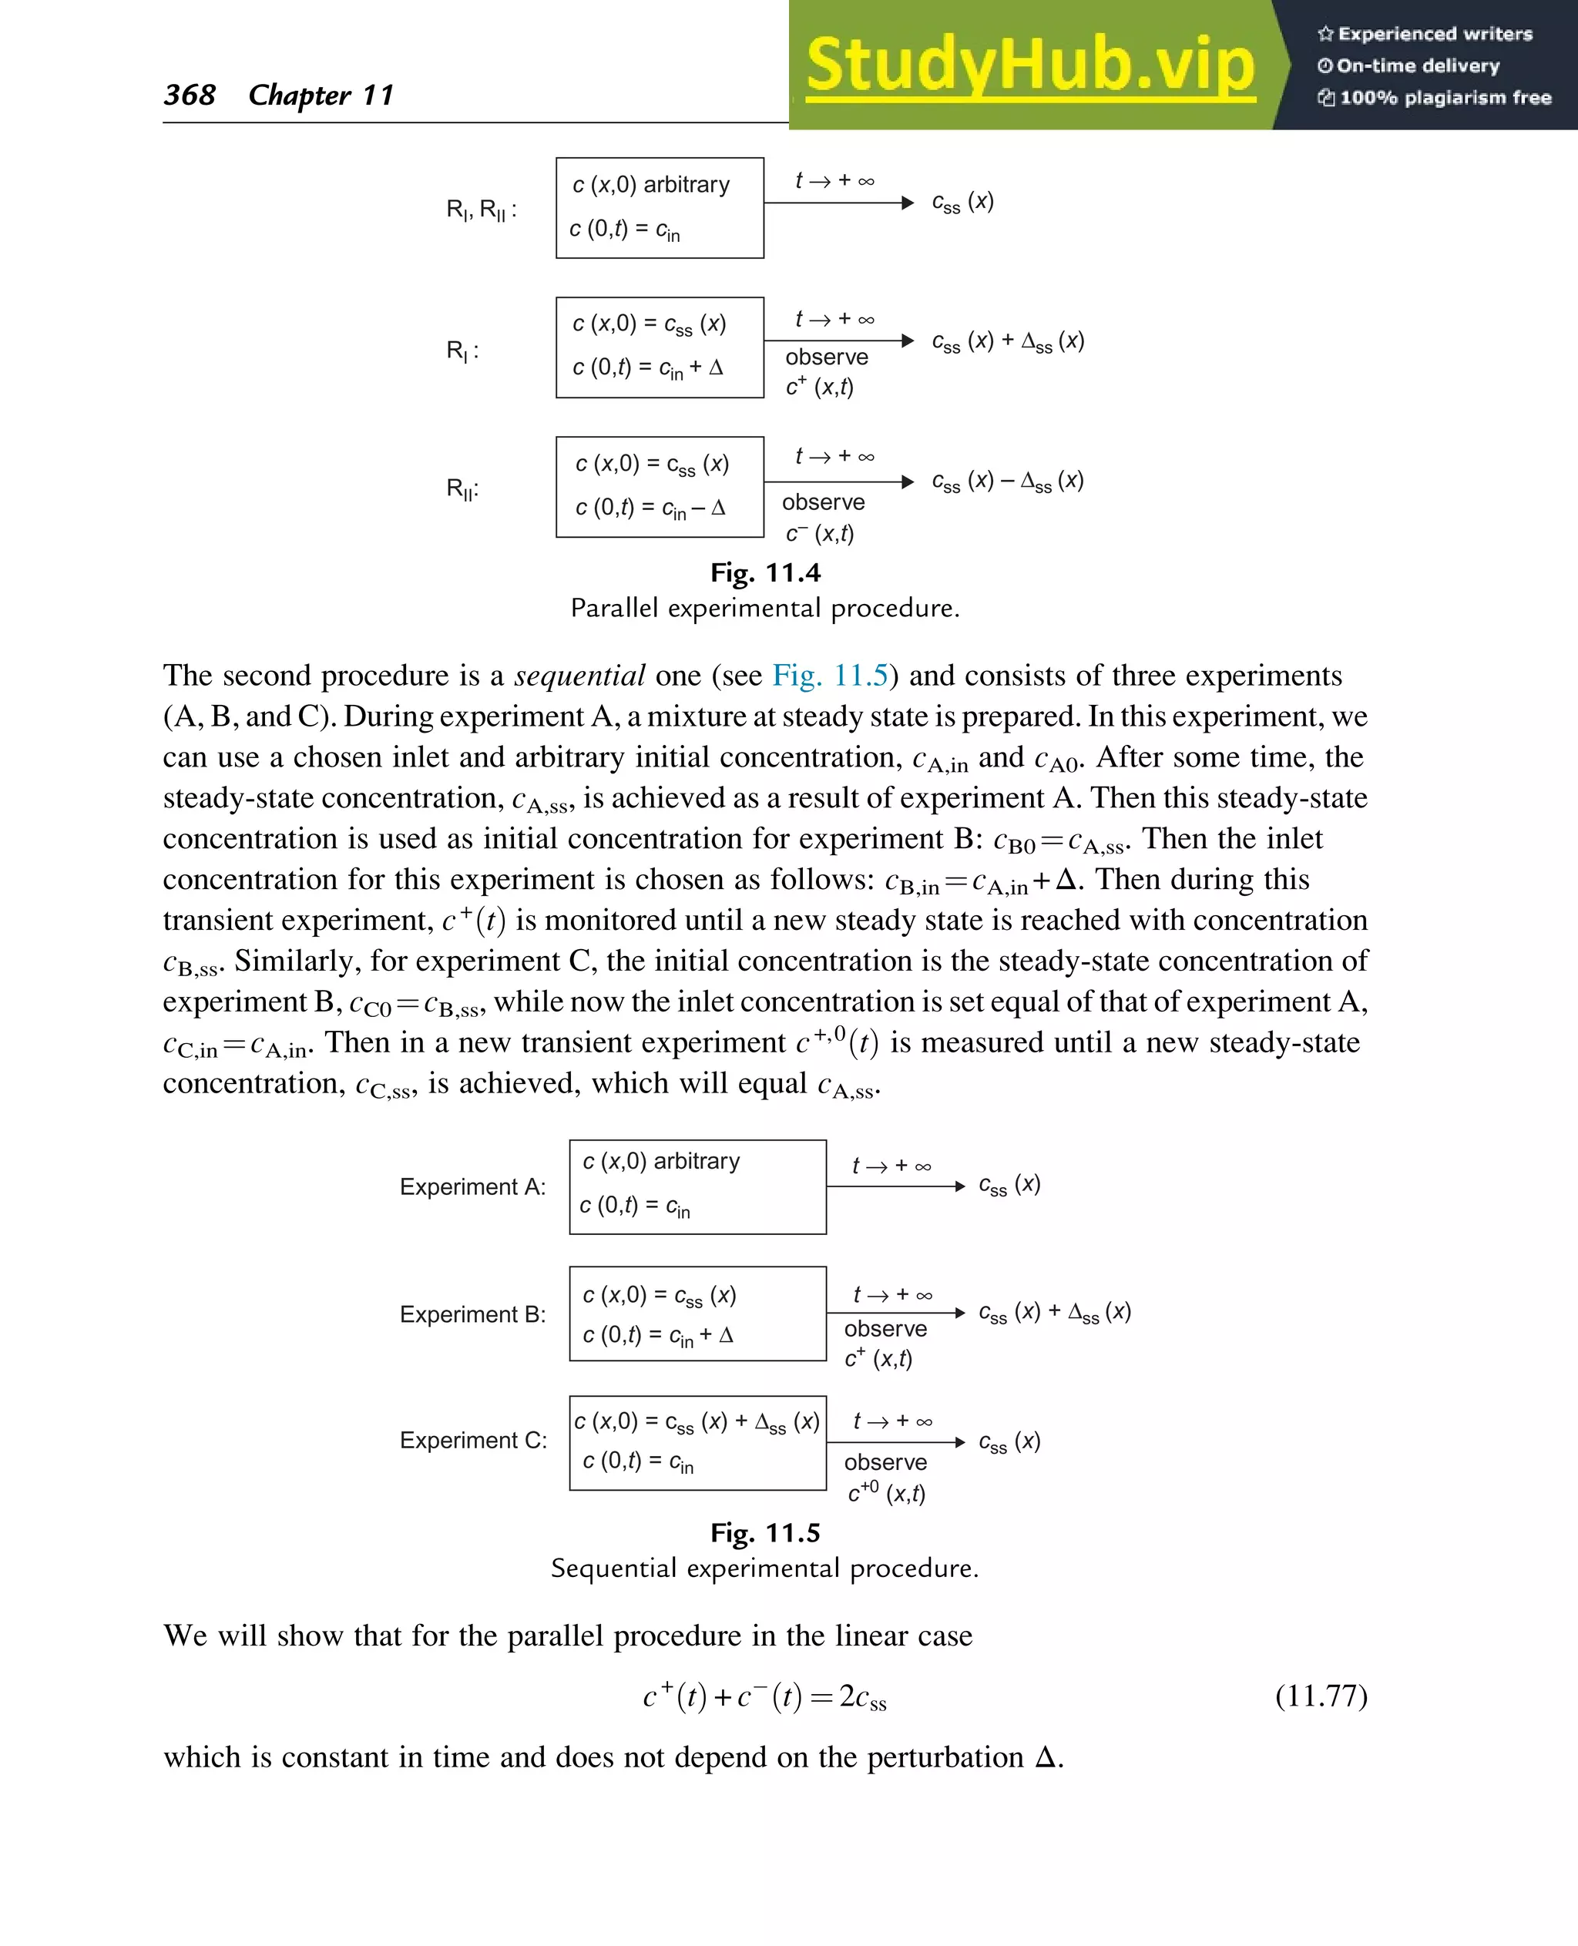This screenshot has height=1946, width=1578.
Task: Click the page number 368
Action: pos(189,95)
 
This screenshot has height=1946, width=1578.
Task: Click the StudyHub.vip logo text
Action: pos(1030,65)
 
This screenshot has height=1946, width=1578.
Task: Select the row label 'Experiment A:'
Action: pos(472,1187)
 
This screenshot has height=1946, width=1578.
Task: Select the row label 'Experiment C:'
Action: pos(472,1441)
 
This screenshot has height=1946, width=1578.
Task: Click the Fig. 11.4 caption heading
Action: pos(765,572)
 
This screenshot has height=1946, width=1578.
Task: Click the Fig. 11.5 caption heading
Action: pos(765,1533)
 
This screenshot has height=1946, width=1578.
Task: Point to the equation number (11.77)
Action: pos(1321,1696)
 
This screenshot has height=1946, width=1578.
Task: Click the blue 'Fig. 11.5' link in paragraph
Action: pos(829,676)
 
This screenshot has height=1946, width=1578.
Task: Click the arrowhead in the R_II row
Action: pos(906,481)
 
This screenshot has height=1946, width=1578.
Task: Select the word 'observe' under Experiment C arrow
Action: pos(885,1462)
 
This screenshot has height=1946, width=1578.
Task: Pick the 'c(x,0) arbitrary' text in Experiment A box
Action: pos(661,1162)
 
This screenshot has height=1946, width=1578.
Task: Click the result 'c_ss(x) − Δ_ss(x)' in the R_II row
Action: pos(1007,481)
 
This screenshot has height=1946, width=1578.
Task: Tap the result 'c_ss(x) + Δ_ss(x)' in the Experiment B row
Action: pos(1054,1313)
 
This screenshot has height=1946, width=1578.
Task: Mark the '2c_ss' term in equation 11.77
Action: pos(861,1697)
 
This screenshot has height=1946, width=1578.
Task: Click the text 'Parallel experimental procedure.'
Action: pos(764,608)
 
